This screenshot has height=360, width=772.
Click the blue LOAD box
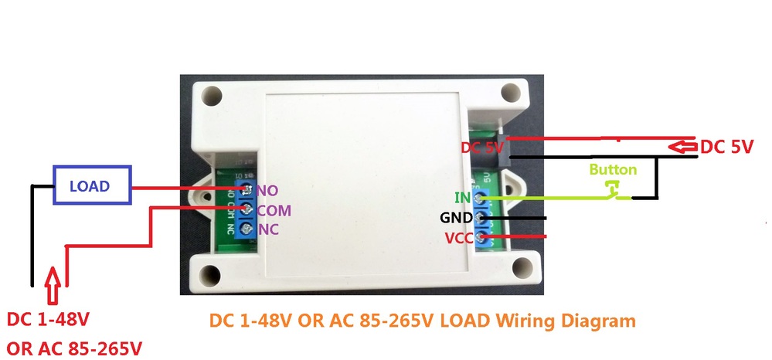90,186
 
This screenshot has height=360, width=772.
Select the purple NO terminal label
267,191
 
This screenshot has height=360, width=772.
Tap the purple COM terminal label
274,211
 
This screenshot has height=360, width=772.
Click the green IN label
462,199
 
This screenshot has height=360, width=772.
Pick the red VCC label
458,238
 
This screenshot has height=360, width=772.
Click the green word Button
613,169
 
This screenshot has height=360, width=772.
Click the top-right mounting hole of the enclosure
509,93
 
